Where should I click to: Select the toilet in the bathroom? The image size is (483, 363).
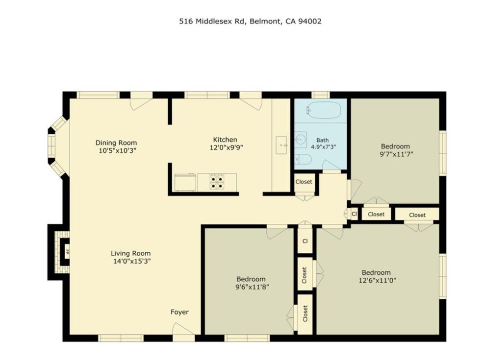point(303,159)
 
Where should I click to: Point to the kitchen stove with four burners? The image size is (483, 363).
point(217,181)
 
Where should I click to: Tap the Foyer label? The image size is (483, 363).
point(179,312)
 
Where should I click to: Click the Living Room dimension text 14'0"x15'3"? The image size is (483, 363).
point(130,261)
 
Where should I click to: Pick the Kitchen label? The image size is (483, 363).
point(225,139)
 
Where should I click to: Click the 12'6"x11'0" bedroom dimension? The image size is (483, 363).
point(376,281)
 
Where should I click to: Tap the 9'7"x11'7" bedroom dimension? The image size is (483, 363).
point(395,154)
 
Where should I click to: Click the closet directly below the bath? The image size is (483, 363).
point(304,182)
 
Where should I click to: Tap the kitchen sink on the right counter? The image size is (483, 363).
point(281,145)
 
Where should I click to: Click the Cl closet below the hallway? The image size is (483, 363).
point(305,241)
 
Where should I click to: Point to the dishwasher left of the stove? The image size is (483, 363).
point(185,182)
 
